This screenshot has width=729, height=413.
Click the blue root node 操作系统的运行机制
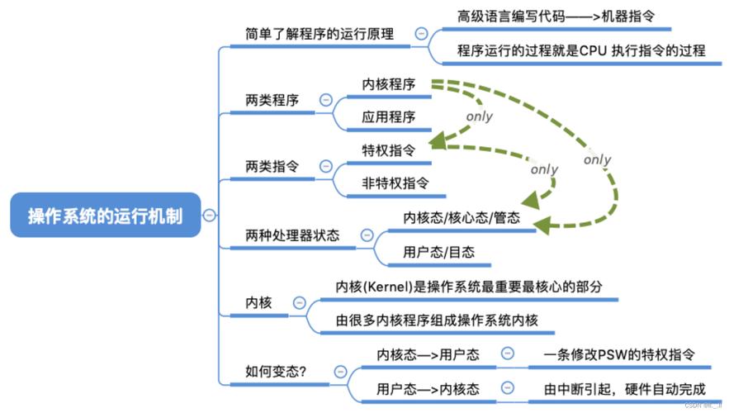(105, 215)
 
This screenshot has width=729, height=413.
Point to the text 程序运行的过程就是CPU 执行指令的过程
(581, 50)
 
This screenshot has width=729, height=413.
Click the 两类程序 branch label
(271, 100)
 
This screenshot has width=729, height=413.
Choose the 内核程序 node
(388, 83)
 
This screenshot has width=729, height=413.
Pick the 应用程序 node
(388, 116)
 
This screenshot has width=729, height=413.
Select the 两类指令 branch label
(271, 167)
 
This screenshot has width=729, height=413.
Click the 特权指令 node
(388, 150)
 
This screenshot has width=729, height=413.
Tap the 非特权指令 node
(395, 183)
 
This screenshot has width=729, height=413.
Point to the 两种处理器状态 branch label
(292, 235)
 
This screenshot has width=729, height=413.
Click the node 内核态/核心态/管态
(462, 218)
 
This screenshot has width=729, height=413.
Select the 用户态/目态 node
(438, 252)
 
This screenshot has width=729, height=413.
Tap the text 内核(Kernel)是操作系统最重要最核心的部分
(468, 286)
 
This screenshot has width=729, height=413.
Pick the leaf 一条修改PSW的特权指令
(618, 354)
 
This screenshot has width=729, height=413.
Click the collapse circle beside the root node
(211, 216)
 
